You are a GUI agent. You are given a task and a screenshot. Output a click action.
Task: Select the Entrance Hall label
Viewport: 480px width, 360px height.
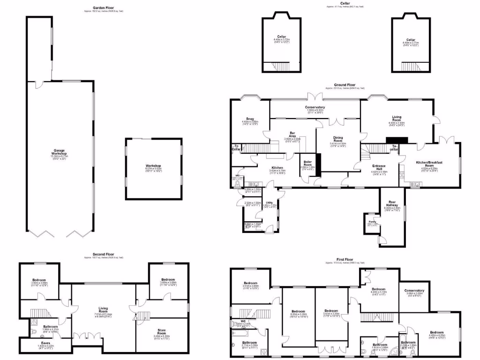(379, 166)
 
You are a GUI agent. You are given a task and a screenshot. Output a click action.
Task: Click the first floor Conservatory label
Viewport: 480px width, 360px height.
(414, 291)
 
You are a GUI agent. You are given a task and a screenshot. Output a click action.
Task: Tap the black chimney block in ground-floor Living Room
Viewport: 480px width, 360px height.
(397, 140)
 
